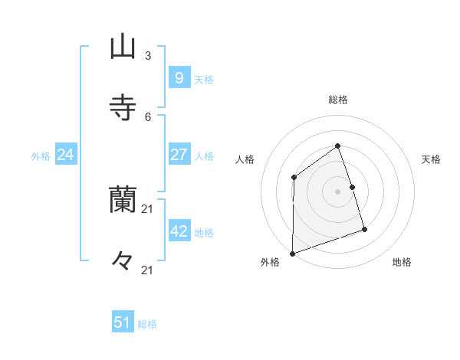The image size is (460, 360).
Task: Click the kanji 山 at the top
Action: click(x=123, y=47)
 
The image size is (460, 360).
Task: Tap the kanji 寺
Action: click(x=123, y=106)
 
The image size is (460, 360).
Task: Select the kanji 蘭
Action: click(x=123, y=200)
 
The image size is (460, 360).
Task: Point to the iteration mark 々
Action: click(x=123, y=260)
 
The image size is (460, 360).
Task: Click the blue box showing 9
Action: click(x=179, y=77)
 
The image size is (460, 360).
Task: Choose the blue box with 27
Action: click(x=179, y=154)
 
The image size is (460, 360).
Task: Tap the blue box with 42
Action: click(x=179, y=231)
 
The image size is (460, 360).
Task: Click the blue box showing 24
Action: click(x=66, y=155)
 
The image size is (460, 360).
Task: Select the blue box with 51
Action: click(x=123, y=322)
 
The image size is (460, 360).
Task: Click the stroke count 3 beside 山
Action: click(x=148, y=56)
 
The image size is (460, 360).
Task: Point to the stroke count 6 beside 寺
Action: click(x=148, y=116)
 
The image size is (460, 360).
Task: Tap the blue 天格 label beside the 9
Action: click(x=204, y=79)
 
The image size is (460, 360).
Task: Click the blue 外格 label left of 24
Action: click(x=41, y=156)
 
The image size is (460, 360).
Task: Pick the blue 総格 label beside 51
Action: click(x=147, y=324)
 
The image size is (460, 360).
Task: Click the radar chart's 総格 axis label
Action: click(x=338, y=100)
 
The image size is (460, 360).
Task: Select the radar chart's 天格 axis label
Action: click(x=432, y=159)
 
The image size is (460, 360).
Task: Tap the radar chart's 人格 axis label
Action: click(x=245, y=159)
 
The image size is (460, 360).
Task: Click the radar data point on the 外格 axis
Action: click(x=292, y=253)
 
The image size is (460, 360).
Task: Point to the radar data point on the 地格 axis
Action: click(x=364, y=229)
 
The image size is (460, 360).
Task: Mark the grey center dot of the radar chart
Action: click(x=338, y=191)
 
